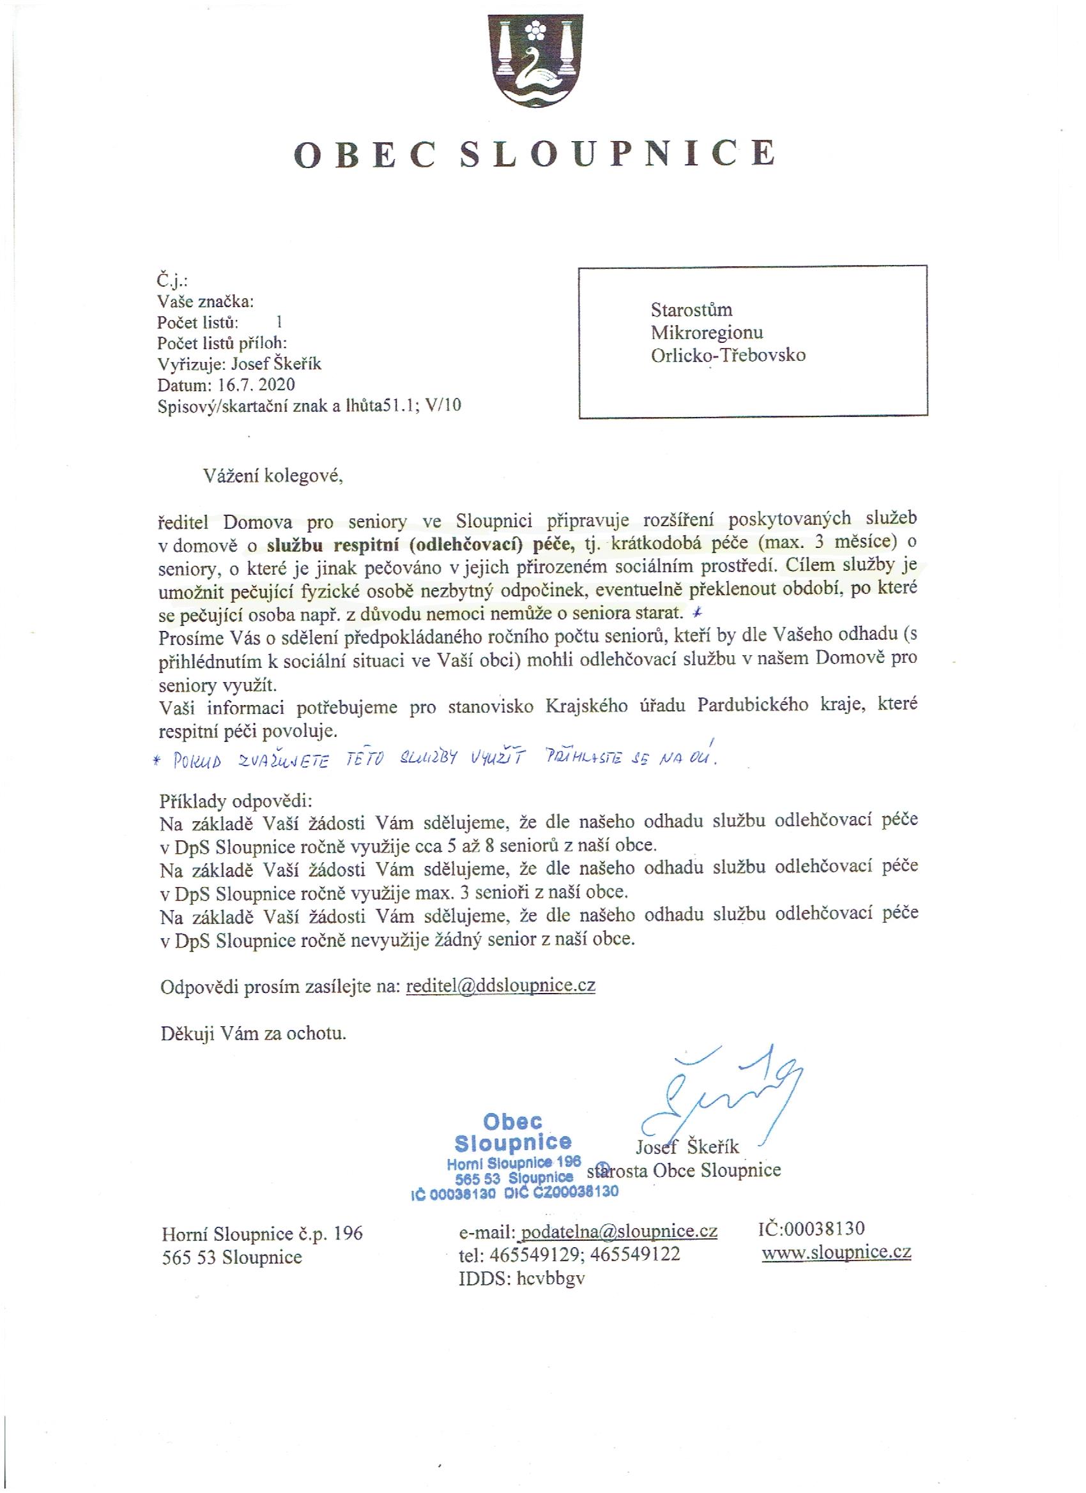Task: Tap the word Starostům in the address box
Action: (691, 310)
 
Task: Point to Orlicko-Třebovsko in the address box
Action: (728, 355)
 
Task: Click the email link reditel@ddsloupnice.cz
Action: (501, 985)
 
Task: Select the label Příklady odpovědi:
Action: (236, 801)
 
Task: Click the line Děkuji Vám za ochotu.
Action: (254, 1033)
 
